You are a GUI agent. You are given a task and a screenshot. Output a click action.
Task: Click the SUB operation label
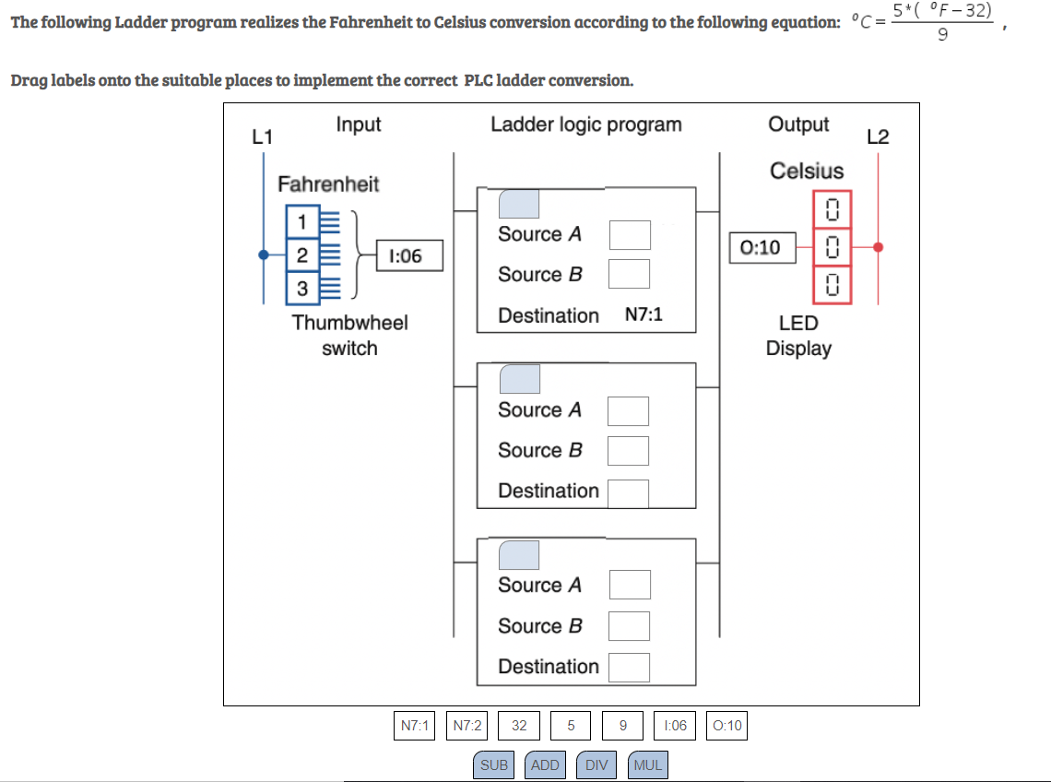[494, 764]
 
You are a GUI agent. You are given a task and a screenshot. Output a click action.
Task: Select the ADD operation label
[546, 764]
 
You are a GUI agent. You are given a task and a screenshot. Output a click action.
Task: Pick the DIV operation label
[596, 764]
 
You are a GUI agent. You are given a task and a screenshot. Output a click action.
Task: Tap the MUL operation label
[648, 764]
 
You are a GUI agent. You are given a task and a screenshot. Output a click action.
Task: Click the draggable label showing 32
[519, 726]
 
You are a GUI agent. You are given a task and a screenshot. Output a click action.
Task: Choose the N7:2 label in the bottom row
[467, 726]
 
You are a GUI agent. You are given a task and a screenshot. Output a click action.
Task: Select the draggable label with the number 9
[623, 726]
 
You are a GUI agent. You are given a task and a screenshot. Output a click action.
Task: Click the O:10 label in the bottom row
[727, 726]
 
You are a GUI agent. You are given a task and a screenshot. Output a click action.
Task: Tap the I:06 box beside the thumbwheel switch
[406, 255]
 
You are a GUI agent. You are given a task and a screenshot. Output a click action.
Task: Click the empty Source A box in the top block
[629, 234]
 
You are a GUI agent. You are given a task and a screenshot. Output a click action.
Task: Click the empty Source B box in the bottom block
[628, 626]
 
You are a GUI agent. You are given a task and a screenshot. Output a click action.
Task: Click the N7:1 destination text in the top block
[644, 315]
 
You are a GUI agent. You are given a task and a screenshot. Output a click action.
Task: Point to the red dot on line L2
[878, 247]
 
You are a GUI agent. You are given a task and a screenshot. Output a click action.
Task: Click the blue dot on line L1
[265, 255]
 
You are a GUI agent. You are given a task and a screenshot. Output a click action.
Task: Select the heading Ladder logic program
[585, 124]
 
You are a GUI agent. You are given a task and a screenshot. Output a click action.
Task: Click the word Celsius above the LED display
[806, 171]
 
